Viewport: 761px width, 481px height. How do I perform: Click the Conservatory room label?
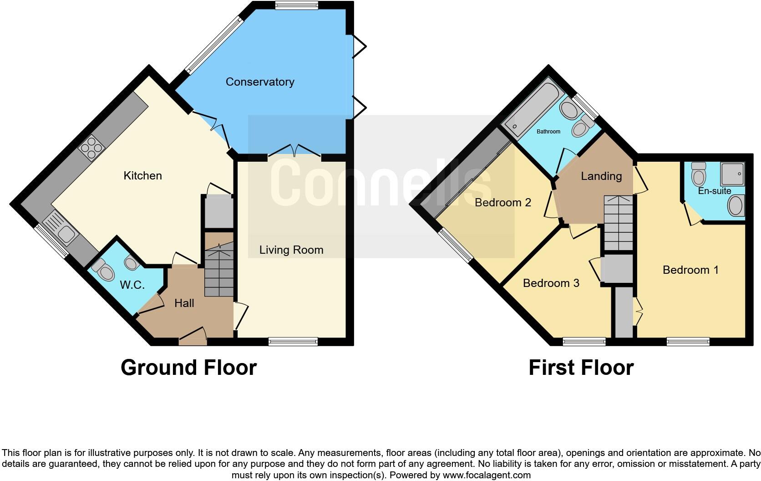click(x=260, y=82)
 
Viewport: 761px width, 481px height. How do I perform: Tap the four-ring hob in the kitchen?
click(x=92, y=148)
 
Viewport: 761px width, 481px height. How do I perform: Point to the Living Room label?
click(x=291, y=250)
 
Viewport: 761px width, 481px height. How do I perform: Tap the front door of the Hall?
click(x=192, y=341)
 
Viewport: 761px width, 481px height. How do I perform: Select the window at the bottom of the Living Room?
click(x=293, y=342)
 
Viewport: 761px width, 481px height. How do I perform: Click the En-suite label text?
click(x=714, y=191)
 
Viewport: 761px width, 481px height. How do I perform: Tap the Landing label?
click(x=601, y=176)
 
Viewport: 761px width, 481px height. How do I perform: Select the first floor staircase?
click(x=618, y=223)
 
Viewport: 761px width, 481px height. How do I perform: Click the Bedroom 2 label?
click(x=502, y=203)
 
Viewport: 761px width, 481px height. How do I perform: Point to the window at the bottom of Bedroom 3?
click(x=584, y=342)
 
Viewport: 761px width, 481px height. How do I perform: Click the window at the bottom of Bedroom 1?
click(x=688, y=342)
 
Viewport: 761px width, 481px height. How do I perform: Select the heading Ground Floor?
click(x=188, y=368)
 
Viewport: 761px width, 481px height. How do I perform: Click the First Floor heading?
click(x=581, y=368)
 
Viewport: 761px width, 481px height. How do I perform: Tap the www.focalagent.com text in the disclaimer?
click(x=486, y=475)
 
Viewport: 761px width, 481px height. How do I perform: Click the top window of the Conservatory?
click(x=296, y=5)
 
